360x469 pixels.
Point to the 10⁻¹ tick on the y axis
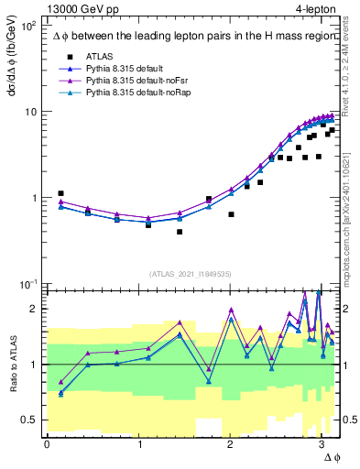tap(30, 284)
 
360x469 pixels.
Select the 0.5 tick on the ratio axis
tap(32, 420)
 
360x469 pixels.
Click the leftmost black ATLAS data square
tap(60, 193)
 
